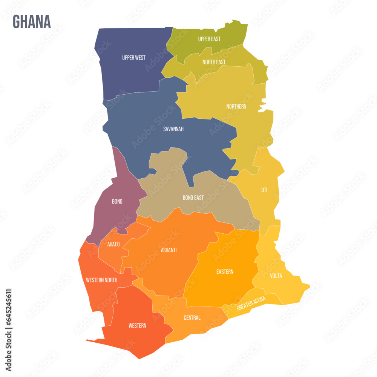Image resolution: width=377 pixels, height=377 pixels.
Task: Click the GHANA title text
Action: click(32, 22)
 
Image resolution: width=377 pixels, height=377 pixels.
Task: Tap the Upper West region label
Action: click(134, 58)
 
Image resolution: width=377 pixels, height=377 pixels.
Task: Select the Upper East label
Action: click(209, 39)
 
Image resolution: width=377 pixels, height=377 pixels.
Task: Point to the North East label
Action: click(214, 62)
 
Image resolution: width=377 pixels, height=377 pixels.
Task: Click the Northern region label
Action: click(236, 106)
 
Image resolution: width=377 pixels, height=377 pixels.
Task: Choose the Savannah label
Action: click(173, 129)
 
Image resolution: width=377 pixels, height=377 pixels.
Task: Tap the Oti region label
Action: click(264, 190)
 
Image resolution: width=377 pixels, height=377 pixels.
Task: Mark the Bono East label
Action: click(193, 198)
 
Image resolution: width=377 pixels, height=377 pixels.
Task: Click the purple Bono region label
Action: click(117, 202)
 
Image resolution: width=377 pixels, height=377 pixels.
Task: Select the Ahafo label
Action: click(113, 244)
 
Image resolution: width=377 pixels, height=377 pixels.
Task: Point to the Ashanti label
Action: click(169, 250)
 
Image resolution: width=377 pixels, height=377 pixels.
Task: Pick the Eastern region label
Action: click(225, 271)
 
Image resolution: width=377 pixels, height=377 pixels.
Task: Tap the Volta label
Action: click(276, 276)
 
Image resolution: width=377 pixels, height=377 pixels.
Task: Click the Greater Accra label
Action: click(251, 303)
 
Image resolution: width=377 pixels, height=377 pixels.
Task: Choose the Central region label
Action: click(192, 318)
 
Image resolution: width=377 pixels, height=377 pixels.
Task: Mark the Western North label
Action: click(102, 280)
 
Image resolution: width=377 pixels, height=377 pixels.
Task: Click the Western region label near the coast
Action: click(137, 325)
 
